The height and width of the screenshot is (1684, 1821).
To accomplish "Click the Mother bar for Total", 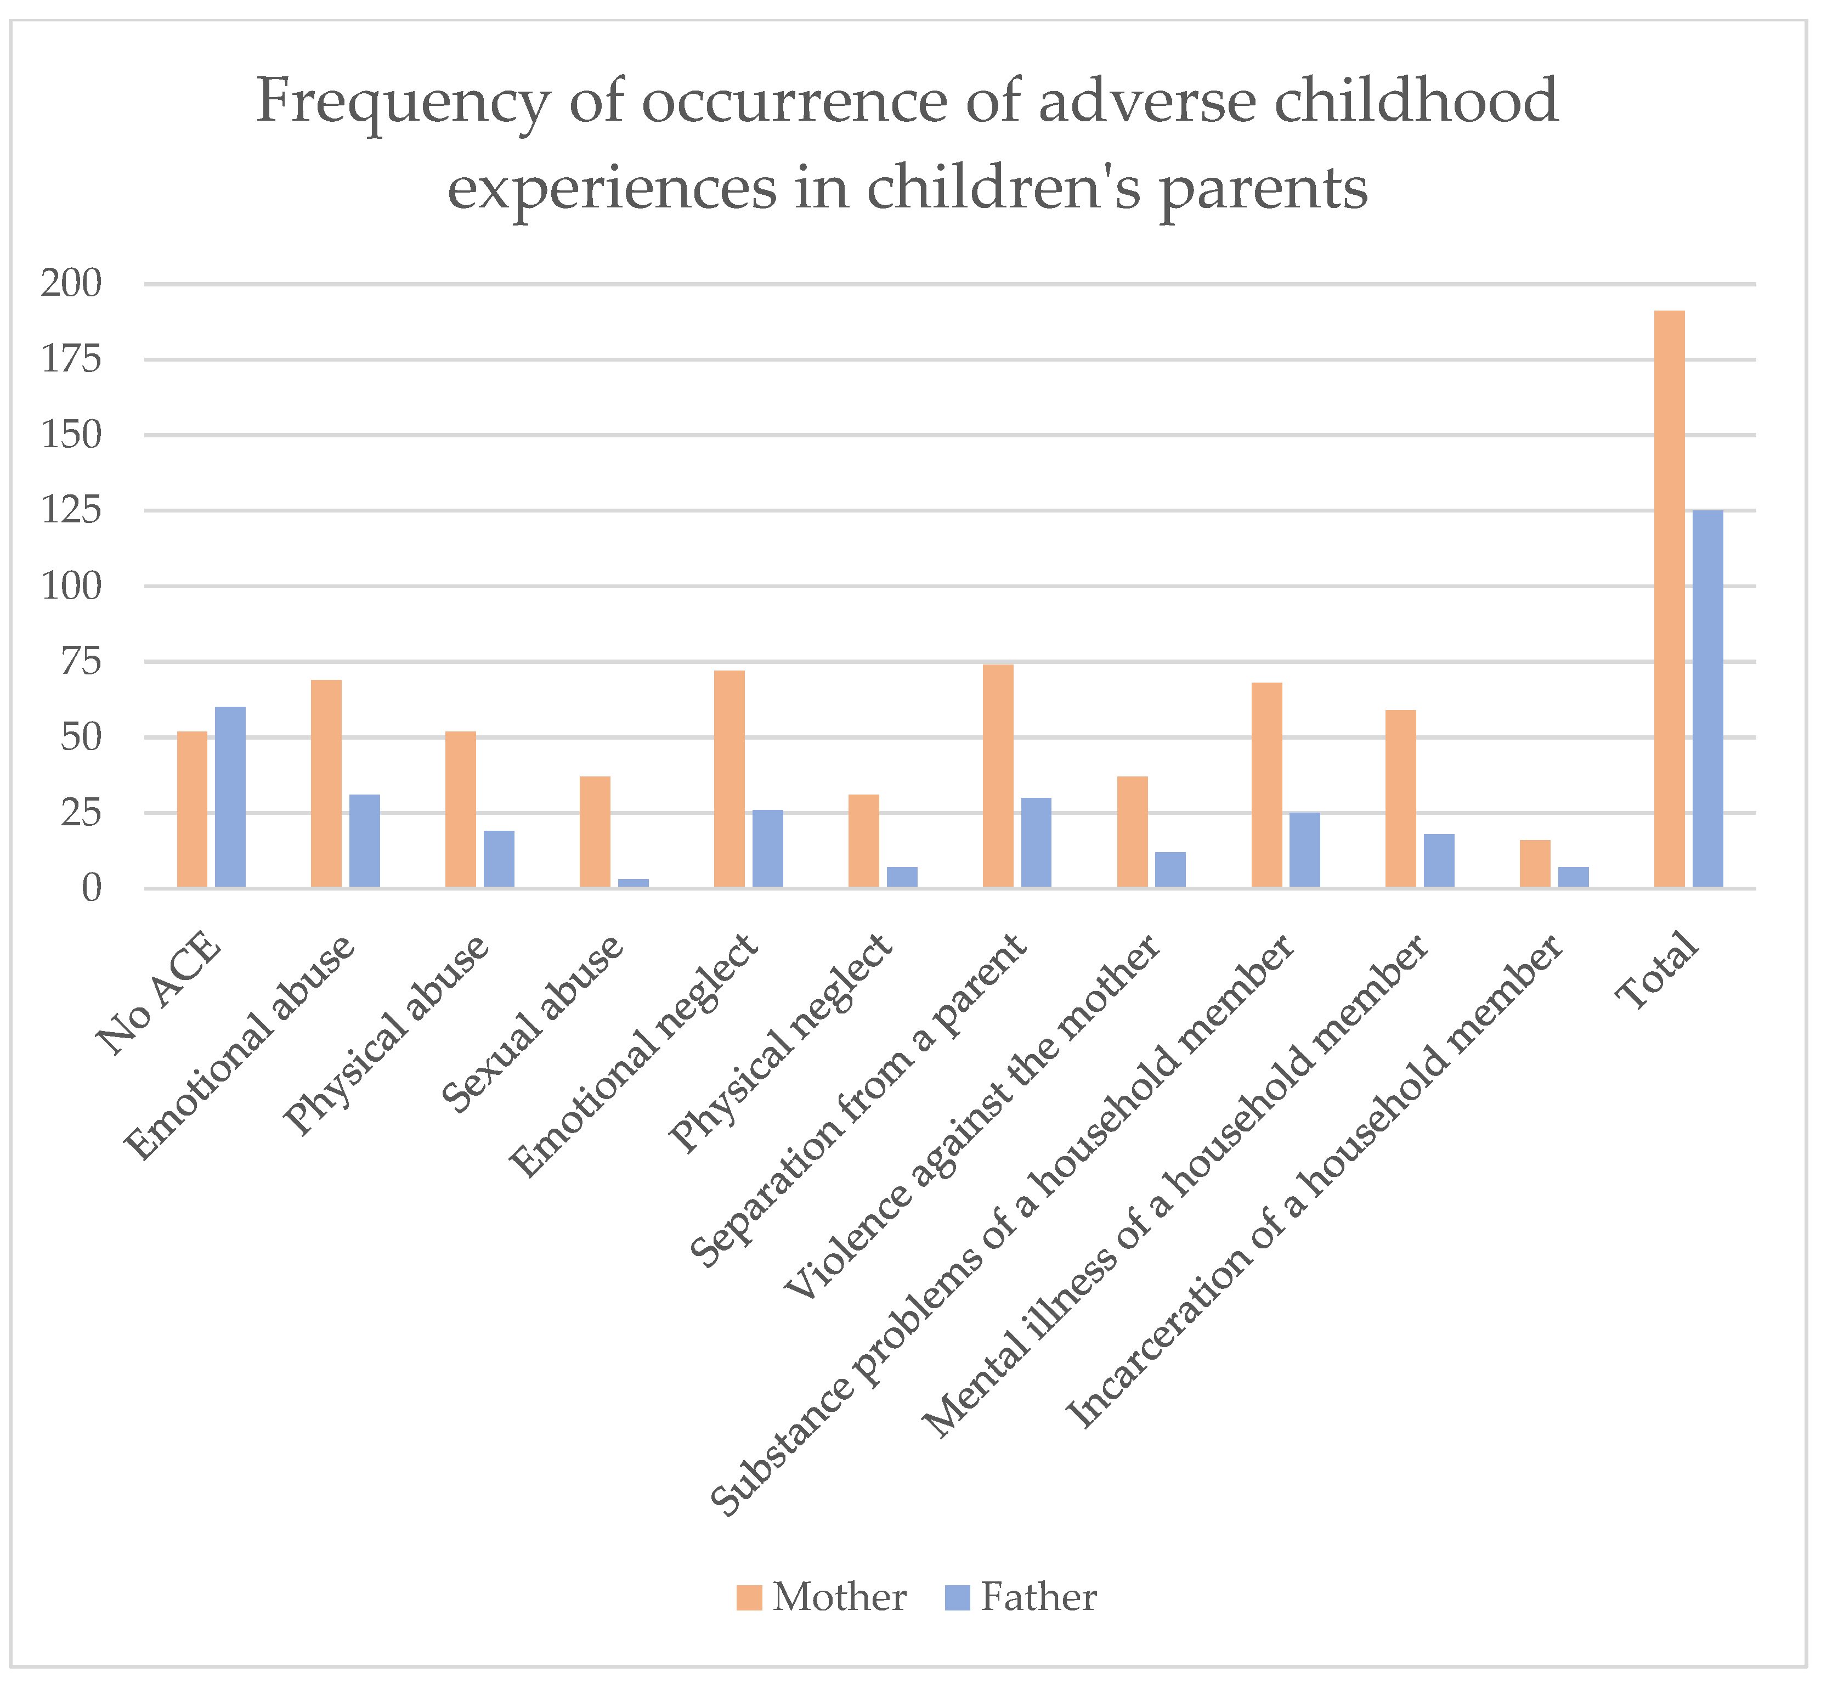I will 1669,599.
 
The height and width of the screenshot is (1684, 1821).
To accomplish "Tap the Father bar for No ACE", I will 230,796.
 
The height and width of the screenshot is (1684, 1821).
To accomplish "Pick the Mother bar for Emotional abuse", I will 326,783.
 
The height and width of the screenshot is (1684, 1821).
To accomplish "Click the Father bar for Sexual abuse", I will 633,882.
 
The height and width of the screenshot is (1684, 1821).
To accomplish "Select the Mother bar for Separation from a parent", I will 998,775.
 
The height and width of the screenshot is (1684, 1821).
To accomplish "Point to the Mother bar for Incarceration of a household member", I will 1535,863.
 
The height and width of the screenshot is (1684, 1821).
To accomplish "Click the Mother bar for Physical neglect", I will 863,840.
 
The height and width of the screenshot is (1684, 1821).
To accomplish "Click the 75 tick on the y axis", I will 82,662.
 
